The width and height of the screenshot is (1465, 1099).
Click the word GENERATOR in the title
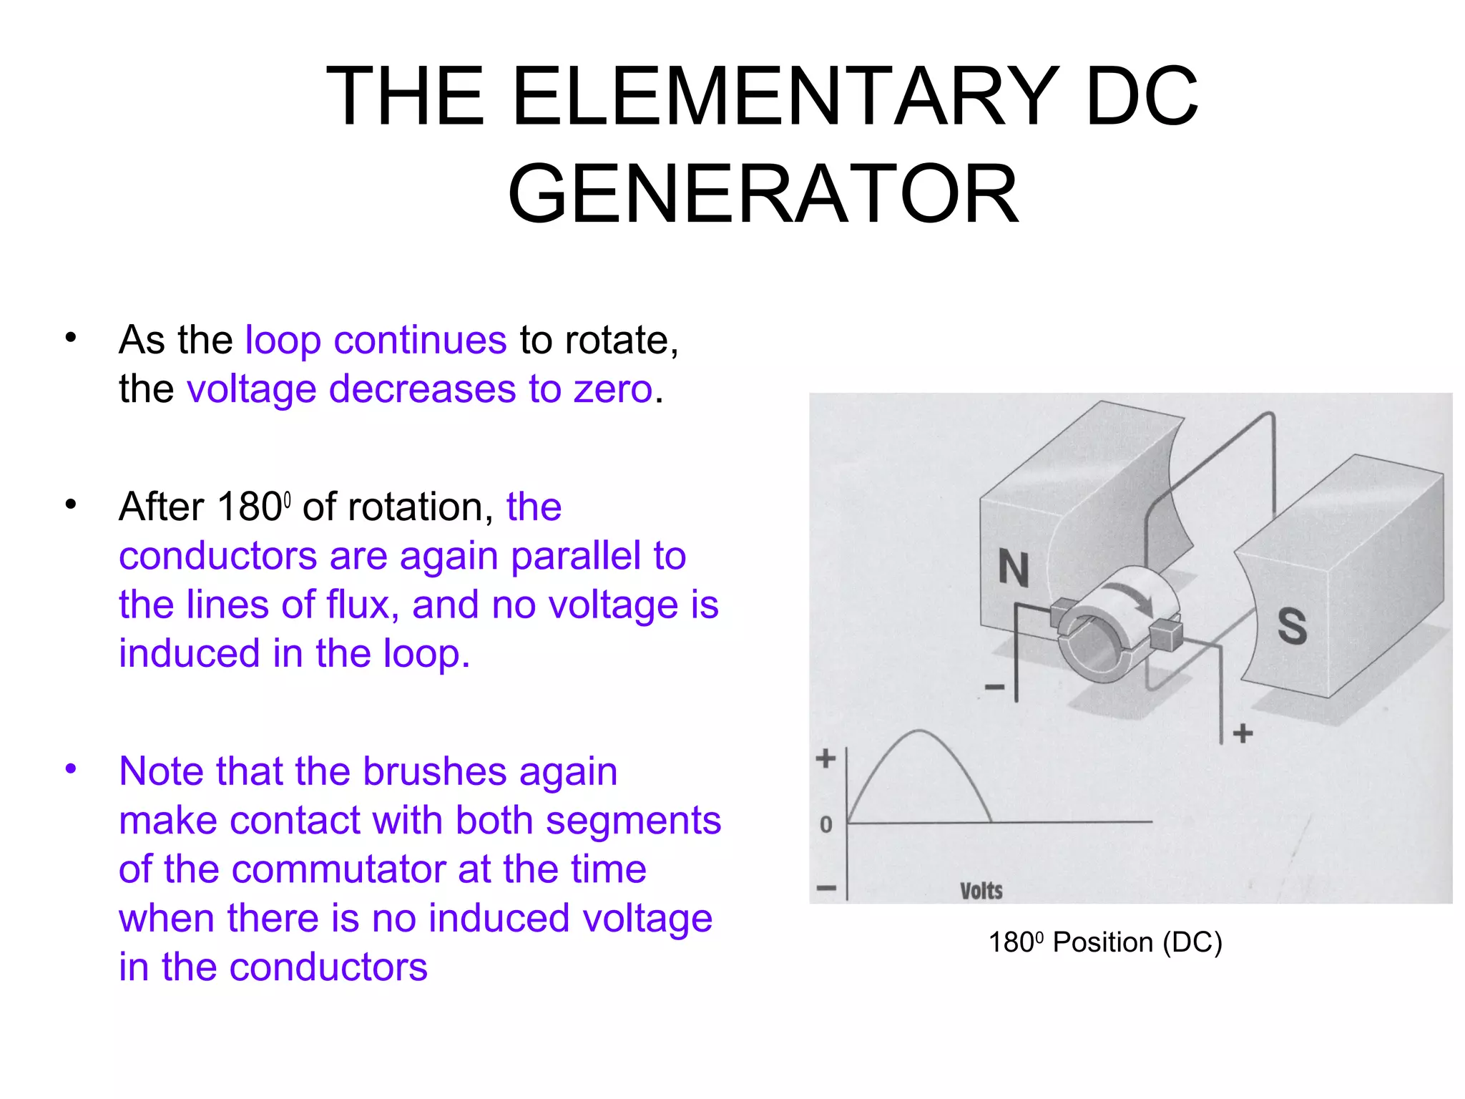[763, 194]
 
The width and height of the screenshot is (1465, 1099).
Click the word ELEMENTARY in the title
[785, 96]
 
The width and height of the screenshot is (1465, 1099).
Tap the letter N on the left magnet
[1014, 569]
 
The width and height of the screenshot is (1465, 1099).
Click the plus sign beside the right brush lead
[1243, 733]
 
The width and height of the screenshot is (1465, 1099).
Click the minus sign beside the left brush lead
[994, 688]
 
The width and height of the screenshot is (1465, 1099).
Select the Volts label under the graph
[981, 891]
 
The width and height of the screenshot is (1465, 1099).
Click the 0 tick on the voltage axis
[826, 824]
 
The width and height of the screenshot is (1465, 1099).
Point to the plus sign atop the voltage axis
[826, 758]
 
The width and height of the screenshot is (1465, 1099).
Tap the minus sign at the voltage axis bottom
[826, 889]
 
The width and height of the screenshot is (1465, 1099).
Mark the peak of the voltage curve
[919, 731]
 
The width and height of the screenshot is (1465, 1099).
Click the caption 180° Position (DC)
[1104, 942]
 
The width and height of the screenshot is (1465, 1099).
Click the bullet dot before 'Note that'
[70, 769]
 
